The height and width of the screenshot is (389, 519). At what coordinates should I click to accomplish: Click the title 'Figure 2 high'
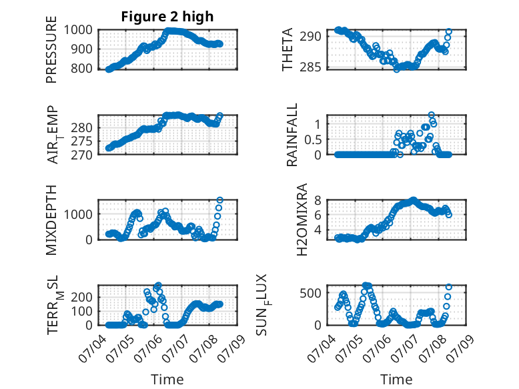pos(167,17)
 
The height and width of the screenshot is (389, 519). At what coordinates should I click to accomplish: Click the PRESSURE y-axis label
pos(51,49)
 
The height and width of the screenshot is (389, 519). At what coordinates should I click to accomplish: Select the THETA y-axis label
pos(288,49)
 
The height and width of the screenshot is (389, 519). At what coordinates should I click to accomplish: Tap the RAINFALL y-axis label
pos(292,135)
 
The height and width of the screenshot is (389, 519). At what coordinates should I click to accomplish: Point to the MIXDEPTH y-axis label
pos(51,220)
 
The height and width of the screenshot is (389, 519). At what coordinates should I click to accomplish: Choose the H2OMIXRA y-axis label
pos(302,220)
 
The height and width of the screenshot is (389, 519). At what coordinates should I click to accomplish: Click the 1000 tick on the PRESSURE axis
pos(78,30)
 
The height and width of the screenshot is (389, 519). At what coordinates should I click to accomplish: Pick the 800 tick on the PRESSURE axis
pos(82,68)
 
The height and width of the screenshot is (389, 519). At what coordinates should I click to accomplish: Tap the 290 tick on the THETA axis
pos(310,36)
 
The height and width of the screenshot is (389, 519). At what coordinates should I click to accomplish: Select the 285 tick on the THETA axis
pos(310,67)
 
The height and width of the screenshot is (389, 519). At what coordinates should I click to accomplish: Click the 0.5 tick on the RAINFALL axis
pos(313,139)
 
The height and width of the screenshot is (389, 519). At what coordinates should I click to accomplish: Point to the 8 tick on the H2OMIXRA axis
pos(318,200)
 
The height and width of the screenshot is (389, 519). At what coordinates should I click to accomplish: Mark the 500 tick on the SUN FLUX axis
pos(310,293)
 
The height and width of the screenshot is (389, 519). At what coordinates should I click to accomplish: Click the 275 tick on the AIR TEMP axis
pos(82,141)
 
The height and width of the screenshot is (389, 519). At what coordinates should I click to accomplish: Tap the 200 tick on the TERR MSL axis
pos(82,297)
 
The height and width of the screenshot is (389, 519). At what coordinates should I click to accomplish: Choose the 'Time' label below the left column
pos(167,379)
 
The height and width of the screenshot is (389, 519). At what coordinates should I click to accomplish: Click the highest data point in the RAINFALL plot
pos(432,115)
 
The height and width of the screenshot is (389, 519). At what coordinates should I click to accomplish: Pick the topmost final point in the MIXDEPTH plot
pos(219,200)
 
